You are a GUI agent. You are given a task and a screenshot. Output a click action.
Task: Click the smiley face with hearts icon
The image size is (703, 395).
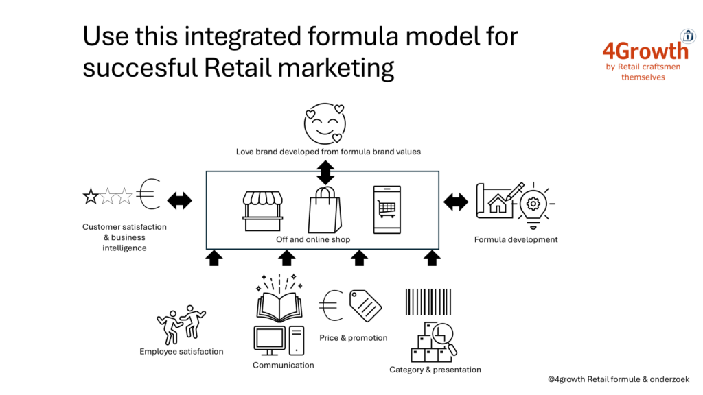(325, 123)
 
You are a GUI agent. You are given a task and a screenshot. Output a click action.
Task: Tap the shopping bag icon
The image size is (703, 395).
(325, 210)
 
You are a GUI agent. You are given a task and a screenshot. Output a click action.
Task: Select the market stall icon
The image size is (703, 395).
(263, 211)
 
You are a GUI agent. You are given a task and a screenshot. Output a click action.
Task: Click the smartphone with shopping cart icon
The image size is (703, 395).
(387, 210)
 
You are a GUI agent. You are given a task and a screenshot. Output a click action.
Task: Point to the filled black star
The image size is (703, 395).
(91, 196)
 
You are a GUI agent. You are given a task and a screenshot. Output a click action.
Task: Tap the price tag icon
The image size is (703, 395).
(365, 305)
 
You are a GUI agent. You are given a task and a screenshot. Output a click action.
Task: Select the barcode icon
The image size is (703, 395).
(428, 302)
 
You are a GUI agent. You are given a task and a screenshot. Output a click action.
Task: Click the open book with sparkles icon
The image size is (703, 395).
(279, 298)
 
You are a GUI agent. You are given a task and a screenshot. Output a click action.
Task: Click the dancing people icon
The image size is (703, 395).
(181, 324)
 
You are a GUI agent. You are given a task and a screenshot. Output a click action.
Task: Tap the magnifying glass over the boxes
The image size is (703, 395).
(444, 337)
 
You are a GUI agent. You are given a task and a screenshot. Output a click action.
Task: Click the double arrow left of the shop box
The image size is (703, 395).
(179, 201)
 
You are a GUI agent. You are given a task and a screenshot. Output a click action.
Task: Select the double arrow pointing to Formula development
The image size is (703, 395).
(456, 202)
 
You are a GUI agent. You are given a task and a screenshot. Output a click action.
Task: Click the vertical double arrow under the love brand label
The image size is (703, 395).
(325, 173)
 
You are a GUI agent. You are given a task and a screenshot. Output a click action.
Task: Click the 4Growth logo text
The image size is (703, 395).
(645, 51)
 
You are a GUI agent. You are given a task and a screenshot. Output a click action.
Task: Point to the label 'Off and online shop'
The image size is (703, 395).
(313, 239)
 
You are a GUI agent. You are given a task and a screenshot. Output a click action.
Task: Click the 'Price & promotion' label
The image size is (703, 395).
(354, 337)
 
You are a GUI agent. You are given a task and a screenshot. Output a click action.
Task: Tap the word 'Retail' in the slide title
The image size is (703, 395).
(238, 68)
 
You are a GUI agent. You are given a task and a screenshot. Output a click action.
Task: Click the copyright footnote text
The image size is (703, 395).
(619, 379)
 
